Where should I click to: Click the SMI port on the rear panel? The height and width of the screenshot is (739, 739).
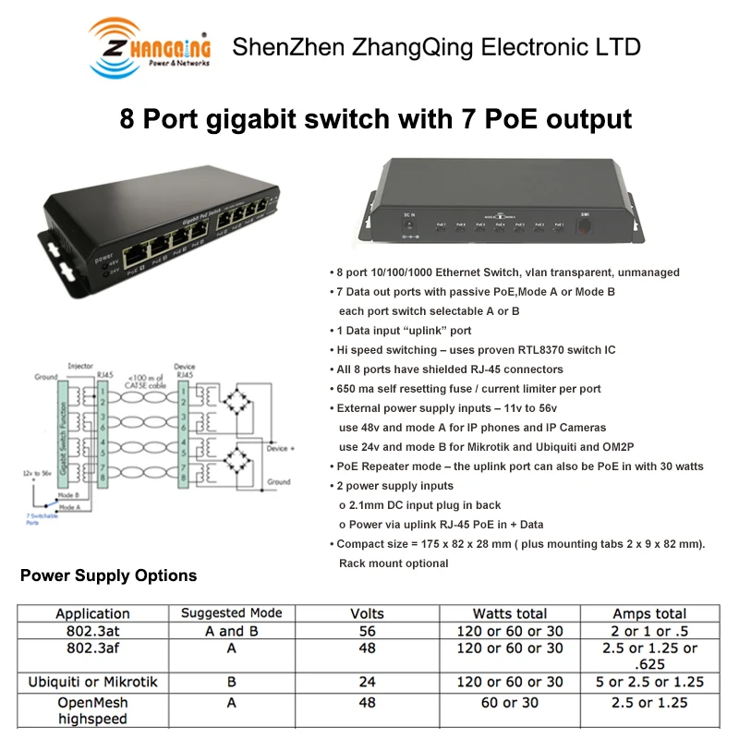pos(584,225)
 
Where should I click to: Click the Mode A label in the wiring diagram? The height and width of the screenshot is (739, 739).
pos(69,508)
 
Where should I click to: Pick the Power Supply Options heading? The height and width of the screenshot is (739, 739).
pos(108,575)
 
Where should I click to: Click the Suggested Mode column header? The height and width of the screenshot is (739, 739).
pos(231,613)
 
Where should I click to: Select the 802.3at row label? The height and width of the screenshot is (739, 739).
pos(92,631)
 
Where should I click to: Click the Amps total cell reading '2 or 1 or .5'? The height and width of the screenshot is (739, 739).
pos(648,631)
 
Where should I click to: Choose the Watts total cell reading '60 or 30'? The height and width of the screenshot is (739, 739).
pos(517,702)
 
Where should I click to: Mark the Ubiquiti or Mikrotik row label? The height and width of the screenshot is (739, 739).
pos(92,682)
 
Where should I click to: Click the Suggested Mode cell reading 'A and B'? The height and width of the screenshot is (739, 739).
pos(231,631)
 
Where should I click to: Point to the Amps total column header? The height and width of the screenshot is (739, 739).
pos(648,613)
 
